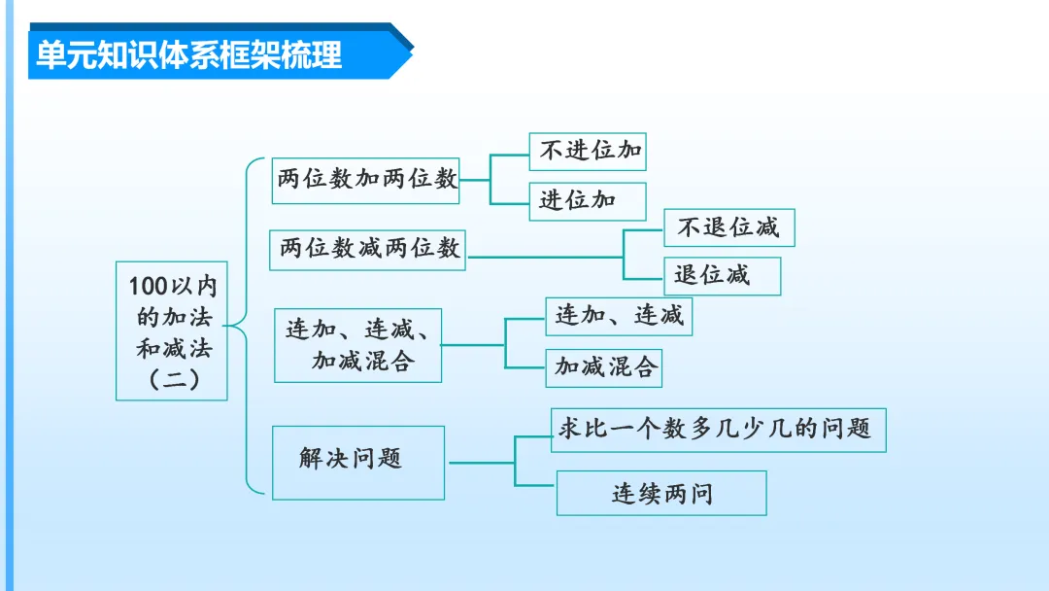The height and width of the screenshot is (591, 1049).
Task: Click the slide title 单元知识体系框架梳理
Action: tap(189, 54)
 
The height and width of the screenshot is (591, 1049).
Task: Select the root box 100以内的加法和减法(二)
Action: tap(172, 330)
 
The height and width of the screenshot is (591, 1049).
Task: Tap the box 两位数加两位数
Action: tap(366, 179)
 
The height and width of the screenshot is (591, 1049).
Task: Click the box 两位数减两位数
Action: tap(368, 249)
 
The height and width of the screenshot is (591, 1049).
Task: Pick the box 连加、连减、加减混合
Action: tap(358, 345)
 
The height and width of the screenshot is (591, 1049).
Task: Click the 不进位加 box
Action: tap(588, 152)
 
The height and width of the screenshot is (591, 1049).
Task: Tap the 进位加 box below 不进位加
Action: tap(587, 201)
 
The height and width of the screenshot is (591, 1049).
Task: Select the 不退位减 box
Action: tap(729, 227)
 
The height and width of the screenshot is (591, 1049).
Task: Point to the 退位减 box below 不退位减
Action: tap(722, 276)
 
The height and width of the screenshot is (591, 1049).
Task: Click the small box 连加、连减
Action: tap(619, 316)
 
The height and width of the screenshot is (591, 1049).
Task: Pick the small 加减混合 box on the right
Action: tap(603, 366)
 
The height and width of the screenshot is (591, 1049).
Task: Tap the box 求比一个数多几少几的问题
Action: tap(719, 429)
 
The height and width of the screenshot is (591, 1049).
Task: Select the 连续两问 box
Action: tap(660, 493)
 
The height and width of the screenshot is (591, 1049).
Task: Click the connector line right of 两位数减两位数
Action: tap(544, 257)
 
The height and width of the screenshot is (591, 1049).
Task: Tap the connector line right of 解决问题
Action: tap(481, 463)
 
